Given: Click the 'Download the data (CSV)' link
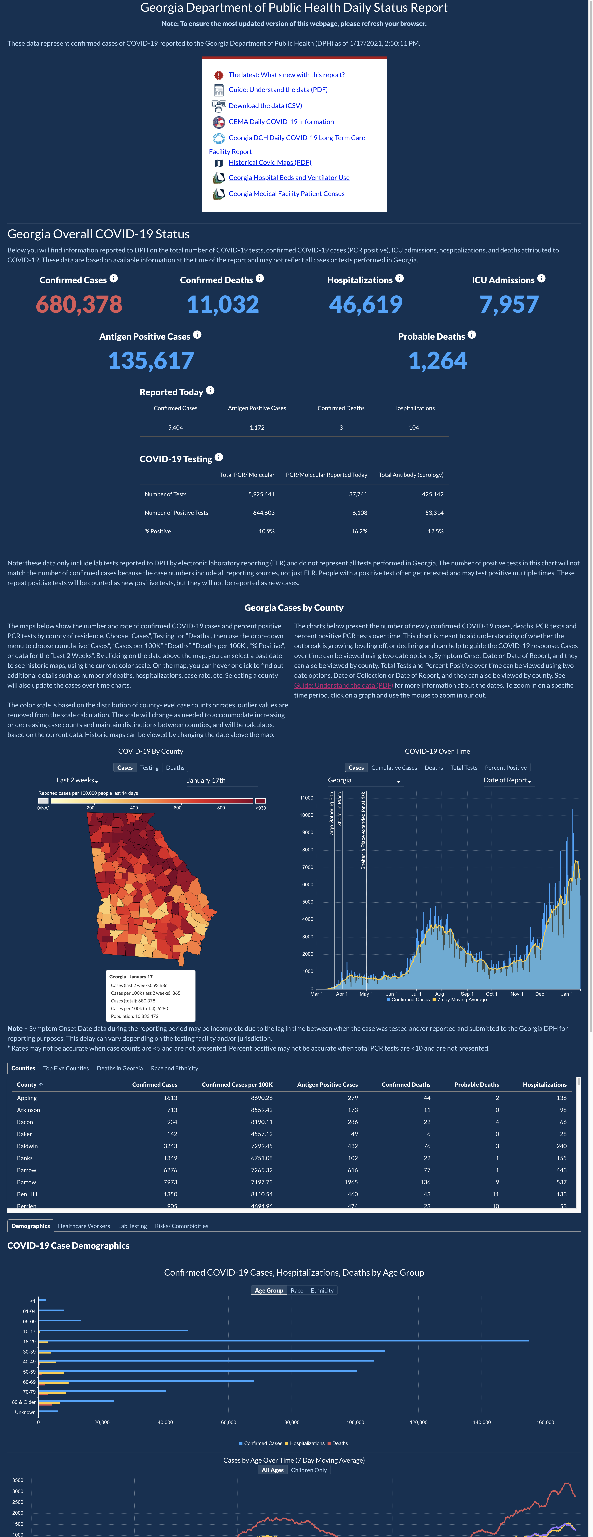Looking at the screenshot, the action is coord(265,106).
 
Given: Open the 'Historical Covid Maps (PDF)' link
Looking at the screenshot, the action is coord(270,162).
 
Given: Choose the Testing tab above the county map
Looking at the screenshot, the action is coord(149,768).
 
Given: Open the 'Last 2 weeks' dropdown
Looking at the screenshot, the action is coord(78,780).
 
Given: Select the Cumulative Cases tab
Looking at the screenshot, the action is coord(394,768).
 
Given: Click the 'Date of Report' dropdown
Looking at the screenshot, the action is coord(508,780).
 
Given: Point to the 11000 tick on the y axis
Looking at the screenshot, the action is coord(306,798).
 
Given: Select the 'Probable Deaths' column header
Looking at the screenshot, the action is coord(477,1085).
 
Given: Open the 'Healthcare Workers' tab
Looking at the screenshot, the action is coord(84,1226).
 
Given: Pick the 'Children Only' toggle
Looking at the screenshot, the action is coord(309,1470).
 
